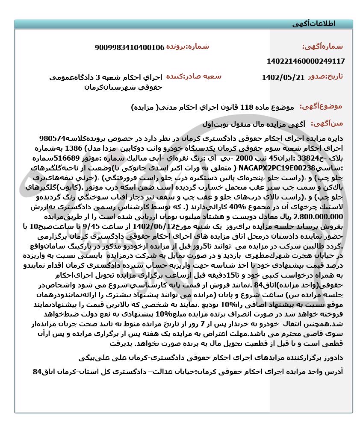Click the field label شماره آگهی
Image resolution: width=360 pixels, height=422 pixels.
[x=322, y=47]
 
